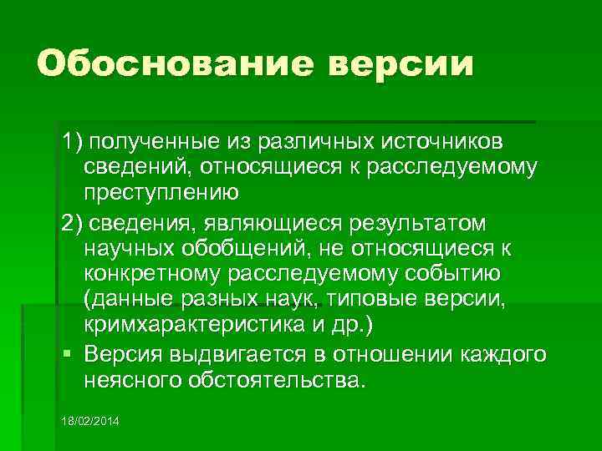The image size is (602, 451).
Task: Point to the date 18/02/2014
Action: pos(90,420)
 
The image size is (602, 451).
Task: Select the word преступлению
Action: pos(161,191)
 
